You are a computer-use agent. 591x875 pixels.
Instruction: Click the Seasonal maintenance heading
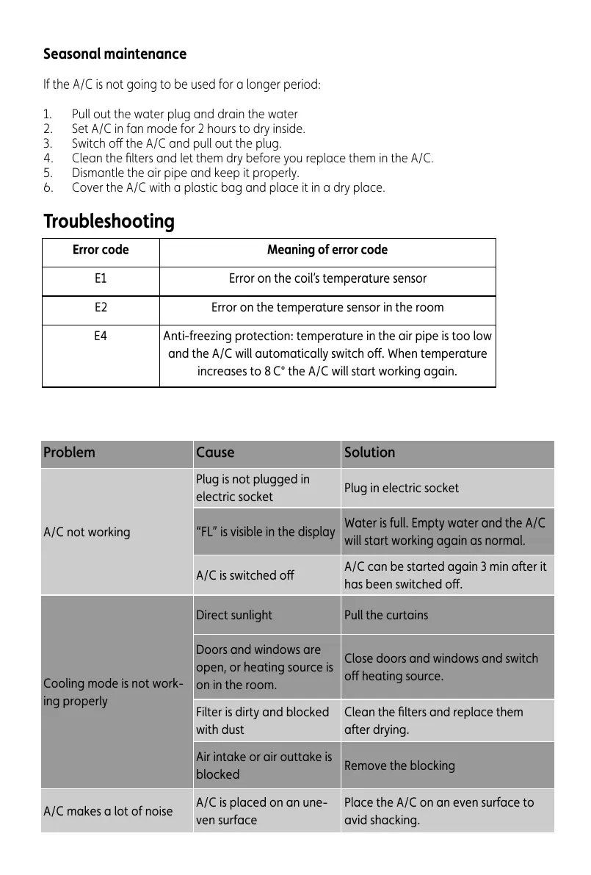pyautogui.click(x=115, y=54)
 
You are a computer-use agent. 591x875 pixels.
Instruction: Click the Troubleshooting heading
pyautogui.click(x=109, y=221)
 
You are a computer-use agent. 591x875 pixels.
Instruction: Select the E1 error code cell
pyautogui.click(x=101, y=279)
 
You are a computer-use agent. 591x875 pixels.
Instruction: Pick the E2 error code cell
pyautogui.click(x=101, y=308)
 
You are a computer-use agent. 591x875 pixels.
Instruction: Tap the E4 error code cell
pyautogui.click(x=101, y=336)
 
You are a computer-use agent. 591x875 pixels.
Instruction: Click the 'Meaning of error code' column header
pyautogui.click(x=327, y=250)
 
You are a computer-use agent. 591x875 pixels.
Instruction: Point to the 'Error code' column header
pyautogui.click(x=101, y=250)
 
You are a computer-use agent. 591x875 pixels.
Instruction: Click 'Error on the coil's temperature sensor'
pyautogui.click(x=327, y=279)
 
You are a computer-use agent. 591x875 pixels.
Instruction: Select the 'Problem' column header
pyautogui.click(x=69, y=453)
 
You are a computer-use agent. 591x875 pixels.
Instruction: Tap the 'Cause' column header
pyautogui.click(x=215, y=453)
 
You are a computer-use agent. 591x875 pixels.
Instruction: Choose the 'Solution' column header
pyautogui.click(x=369, y=453)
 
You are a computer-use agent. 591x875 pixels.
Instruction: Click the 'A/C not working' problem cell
pyautogui.click(x=87, y=532)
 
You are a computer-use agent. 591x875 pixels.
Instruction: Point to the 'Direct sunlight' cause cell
pyautogui.click(x=233, y=615)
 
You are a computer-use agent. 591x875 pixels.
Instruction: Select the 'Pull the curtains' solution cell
pyautogui.click(x=386, y=615)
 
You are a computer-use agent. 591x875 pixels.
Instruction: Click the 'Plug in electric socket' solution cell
pyautogui.click(x=402, y=488)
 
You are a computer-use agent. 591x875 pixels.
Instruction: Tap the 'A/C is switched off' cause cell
pyautogui.click(x=244, y=576)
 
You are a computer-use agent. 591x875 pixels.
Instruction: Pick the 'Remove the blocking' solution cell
pyautogui.click(x=399, y=766)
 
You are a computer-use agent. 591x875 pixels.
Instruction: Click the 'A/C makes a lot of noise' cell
pyautogui.click(x=108, y=811)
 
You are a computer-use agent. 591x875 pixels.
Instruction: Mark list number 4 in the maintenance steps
pyautogui.click(x=48, y=158)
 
